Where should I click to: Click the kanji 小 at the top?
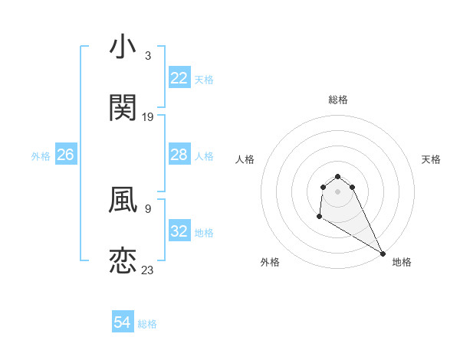point(123,47)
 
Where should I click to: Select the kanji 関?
point(123,108)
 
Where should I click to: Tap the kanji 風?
point(123,200)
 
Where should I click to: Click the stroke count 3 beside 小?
point(148,55)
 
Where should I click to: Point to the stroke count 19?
point(148,116)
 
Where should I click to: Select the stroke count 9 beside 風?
point(148,208)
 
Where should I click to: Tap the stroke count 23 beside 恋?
point(148,270)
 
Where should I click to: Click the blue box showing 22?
point(179,78)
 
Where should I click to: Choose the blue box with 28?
point(179,155)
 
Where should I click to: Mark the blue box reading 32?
point(179,231)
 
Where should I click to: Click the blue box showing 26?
point(65,155)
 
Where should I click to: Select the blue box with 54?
point(123,323)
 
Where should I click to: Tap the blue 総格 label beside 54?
point(147,324)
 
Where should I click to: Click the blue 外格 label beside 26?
point(41,155)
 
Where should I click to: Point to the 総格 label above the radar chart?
point(338,100)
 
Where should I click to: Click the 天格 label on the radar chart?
point(431,159)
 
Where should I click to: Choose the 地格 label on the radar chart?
point(402,262)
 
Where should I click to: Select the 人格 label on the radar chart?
point(245,159)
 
